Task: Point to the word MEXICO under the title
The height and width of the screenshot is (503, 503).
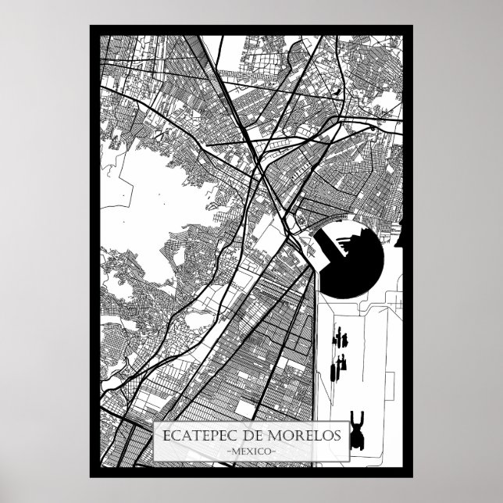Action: (251, 452)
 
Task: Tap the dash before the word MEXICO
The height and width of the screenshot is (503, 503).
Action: (227, 452)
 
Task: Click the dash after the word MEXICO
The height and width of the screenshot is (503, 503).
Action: (274, 452)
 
